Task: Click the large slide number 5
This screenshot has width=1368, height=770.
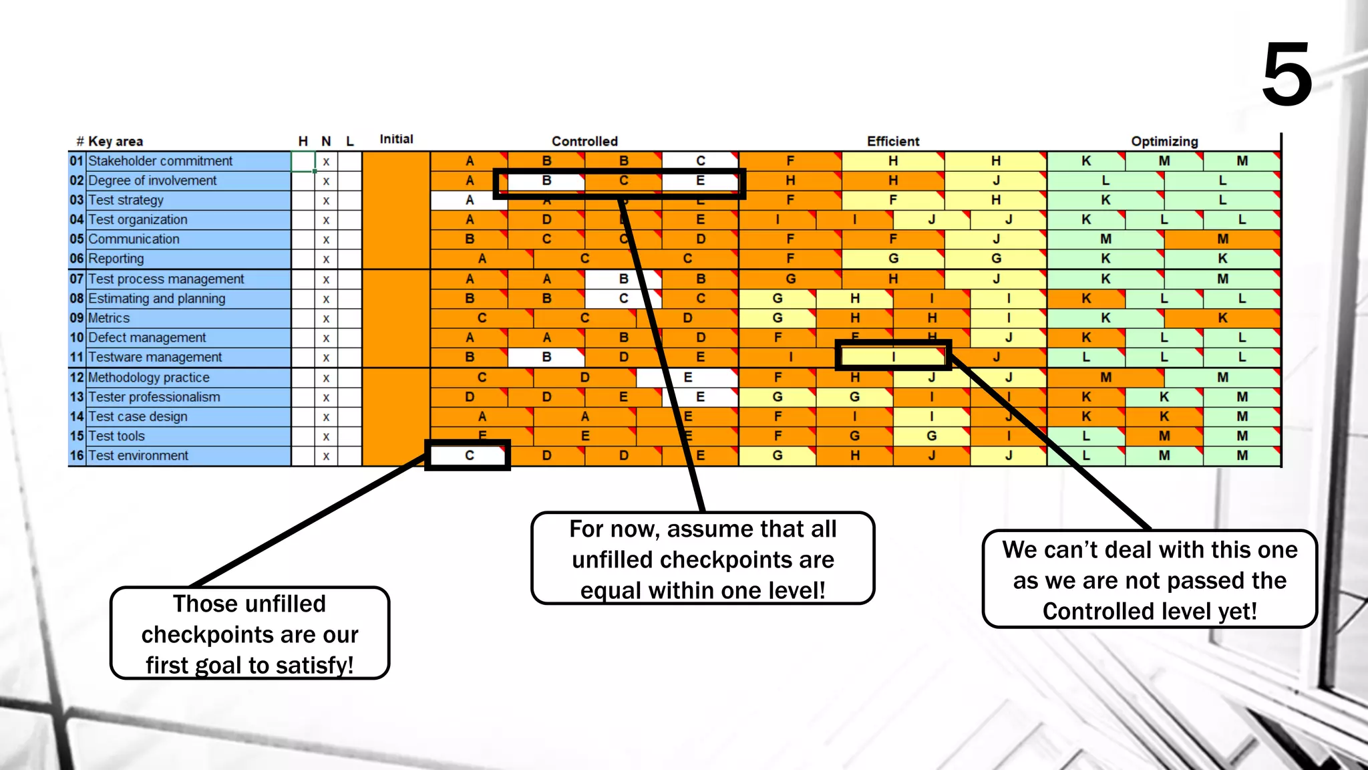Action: point(1287,75)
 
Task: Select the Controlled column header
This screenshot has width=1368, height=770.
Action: point(584,141)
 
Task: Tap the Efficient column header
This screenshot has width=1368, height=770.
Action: point(893,141)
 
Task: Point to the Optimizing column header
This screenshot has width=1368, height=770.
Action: point(1164,141)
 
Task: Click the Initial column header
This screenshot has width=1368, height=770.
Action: point(396,139)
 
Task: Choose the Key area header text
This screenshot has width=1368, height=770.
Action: point(115,141)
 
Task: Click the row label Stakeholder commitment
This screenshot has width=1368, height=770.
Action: point(160,161)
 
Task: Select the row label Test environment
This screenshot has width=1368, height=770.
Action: point(138,456)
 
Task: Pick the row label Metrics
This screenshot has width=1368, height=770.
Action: point(109,318)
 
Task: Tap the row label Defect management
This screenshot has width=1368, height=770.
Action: point(147,338)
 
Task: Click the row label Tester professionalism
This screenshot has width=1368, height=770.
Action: point(154,397)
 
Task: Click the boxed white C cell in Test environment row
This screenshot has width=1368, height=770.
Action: point(469,455)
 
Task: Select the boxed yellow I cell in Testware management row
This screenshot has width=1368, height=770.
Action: point(893,356)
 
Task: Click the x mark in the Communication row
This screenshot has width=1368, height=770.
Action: point(326,239)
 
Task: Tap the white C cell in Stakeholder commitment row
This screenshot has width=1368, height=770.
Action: point(700,161)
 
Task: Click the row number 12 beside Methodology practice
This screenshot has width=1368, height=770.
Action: point(77,378)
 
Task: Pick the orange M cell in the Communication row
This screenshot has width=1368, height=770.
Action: point(1222,239)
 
